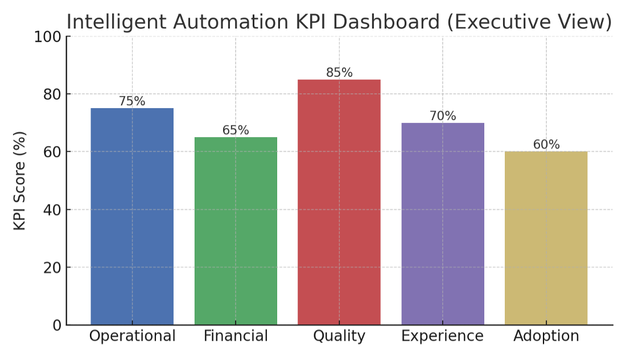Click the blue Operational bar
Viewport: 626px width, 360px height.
point(132,216)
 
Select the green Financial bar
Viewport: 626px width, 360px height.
point(236,230)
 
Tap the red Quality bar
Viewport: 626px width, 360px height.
point(339,202)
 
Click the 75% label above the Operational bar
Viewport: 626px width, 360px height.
point(132,101)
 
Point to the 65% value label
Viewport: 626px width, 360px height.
point(236,130)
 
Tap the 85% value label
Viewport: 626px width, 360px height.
point(339,73)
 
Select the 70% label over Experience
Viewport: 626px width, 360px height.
point(443,116)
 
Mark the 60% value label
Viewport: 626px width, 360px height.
point(546,144)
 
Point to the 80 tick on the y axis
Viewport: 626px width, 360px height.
point(52,94)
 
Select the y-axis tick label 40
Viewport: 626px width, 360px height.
point(52,210)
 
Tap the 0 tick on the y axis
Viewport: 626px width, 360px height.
point(56,325)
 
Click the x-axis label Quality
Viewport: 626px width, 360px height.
point(339,336)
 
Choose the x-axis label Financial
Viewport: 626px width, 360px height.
point(236,336)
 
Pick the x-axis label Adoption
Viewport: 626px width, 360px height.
point(546,336)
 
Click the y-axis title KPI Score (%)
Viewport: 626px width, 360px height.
point(20,181)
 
